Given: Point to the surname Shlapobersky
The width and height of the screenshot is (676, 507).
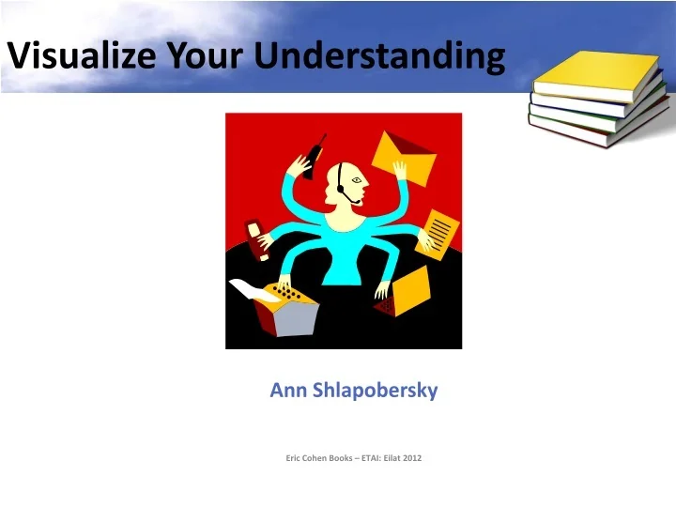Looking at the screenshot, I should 374,391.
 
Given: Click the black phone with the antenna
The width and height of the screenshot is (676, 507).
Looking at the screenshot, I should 314,156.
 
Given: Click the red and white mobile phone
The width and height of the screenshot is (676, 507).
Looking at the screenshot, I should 256,238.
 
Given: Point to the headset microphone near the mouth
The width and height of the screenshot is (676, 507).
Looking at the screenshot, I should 352,199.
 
